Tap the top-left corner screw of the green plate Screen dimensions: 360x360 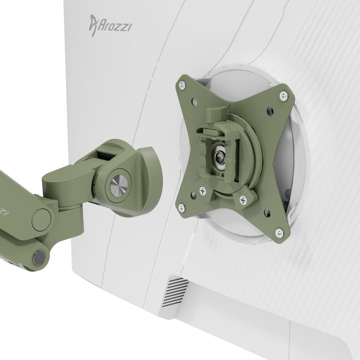pos(182,85)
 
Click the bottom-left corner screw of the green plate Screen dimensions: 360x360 pos(181,207)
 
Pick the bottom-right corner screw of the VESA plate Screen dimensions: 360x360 pos(279,232)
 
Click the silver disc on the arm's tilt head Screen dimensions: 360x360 pos(119,185)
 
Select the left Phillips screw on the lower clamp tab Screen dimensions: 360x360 pos(202,190)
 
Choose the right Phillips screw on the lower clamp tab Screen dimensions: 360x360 pos(243,200)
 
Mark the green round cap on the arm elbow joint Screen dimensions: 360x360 pos(41,218)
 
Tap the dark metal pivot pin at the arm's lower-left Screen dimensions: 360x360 pos(38,257)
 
